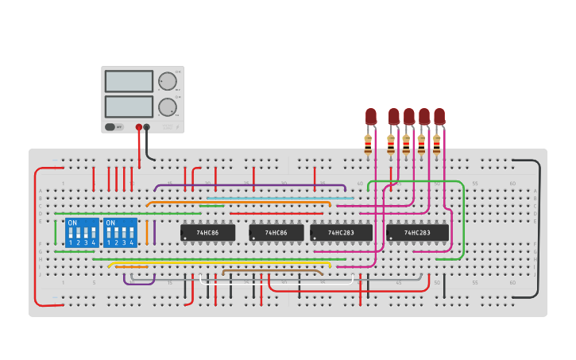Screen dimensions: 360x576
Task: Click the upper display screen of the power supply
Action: pyautogui.click(x=129, y=81)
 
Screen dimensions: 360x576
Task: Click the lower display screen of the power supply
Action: pyautogui.click(x=129, y=106)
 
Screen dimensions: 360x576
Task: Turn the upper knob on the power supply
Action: pyautogui.click(x=167, y=81)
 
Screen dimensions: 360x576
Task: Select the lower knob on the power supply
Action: pyautogui.click(x=167, y=107)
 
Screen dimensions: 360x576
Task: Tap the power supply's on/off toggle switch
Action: pyautogui.click(x=110, y=126)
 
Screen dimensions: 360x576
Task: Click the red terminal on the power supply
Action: pyautogui.click(x=139, y=127)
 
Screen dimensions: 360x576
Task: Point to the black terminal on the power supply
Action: pyautogui.click(x=147, y=127)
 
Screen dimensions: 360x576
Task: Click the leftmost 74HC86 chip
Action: pyautogui.click(x=207, y=233)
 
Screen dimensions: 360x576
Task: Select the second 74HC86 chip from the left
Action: pyautogui.click(x=276, y=233)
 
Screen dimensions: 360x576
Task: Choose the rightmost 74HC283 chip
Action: pyautogui.click(x=417, y=233)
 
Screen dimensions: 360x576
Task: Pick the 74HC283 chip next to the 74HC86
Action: pyautogui.click(x=341, y=233)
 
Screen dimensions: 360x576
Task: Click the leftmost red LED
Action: pyautogui.click(x=371, y=116)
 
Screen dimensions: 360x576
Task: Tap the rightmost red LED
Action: pyautogui.click(x=439, y=116)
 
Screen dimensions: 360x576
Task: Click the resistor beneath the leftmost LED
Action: pyautogui.click(x=368, y=145)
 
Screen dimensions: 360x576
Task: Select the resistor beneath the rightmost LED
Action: pyautogui.click(x=436, y=145)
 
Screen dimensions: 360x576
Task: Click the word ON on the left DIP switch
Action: pyautogui.click(x=72, y=223)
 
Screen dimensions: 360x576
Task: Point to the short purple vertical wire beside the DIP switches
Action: pyautogui.click(x=154, y=232)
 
